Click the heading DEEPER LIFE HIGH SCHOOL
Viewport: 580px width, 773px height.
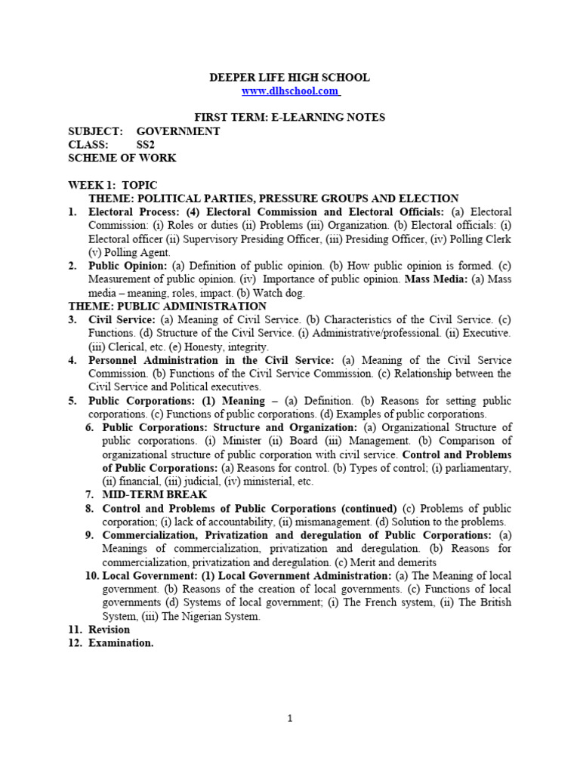tap(290, 78)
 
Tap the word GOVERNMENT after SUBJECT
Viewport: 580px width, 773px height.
tap(178, 131)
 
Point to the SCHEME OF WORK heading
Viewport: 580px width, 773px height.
tap(122, 158)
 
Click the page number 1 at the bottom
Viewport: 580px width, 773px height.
tap(290, 719)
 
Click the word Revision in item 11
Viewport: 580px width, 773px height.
tap(109, 629)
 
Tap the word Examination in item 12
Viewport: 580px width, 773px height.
tap(121, 642)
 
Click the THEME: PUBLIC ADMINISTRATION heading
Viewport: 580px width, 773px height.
tap(167, 306)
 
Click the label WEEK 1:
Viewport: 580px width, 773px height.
tap(91, 185)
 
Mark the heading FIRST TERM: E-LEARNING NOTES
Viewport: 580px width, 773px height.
tap(290, 117)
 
